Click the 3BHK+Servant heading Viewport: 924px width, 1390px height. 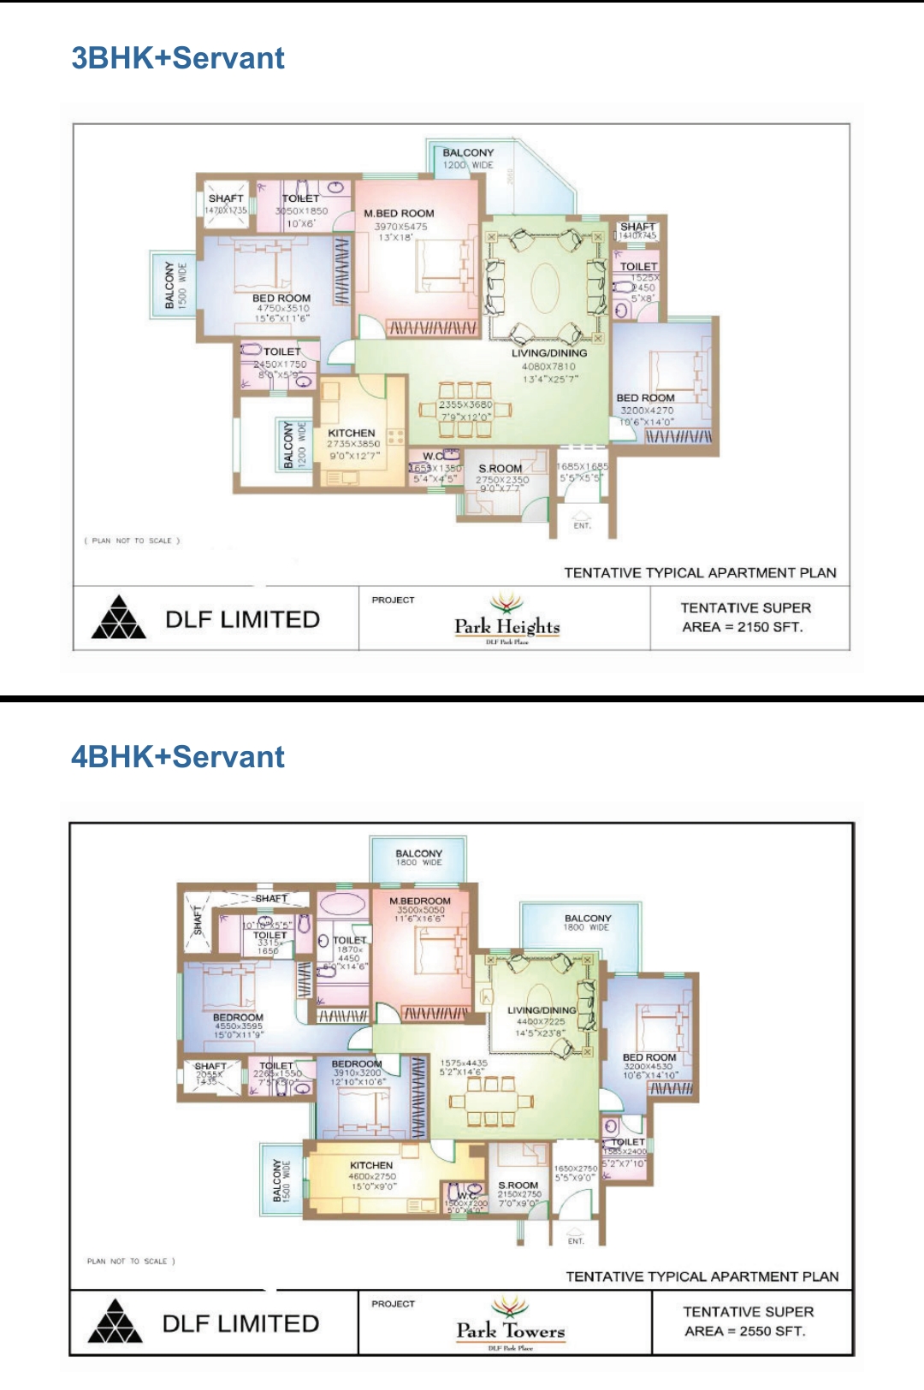pos(178,58)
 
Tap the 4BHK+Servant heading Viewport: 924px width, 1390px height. pos(178,757)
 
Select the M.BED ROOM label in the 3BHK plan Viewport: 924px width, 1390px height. pos(399,213)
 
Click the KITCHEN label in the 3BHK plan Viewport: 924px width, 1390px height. pos(352,433)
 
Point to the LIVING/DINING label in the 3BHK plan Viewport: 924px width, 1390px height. pos(549,352)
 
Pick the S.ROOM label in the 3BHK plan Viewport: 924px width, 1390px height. pos(500,469)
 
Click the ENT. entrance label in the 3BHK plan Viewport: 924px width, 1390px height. pos(582,525)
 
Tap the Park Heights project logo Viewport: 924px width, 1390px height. pos(507,619)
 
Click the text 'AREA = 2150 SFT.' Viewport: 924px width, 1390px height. pos(743,627)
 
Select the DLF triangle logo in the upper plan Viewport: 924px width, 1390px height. pos(119,618)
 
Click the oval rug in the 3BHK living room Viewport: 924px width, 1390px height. pos(547,286)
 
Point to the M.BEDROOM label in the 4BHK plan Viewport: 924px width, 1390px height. pos(419,901)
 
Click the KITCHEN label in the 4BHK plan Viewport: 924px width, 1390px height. pos(371,1165)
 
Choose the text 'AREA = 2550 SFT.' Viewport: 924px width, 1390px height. pos(745,1331)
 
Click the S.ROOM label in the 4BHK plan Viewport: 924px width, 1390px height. pos(518,1186)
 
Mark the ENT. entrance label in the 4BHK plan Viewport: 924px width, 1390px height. pos(576,1240)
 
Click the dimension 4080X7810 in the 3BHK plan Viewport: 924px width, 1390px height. pos(549,366)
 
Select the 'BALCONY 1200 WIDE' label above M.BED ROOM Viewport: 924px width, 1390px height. pos(468,158)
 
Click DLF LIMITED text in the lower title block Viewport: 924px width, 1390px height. pos(241,1323)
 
